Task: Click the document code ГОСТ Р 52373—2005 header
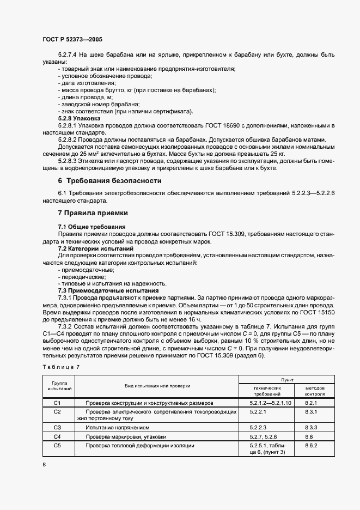[x=72, y=40]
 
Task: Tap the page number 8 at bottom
[x=44, y=464]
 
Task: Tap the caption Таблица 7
[x=61, y=367]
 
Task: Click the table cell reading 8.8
[x=308, y=436]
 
